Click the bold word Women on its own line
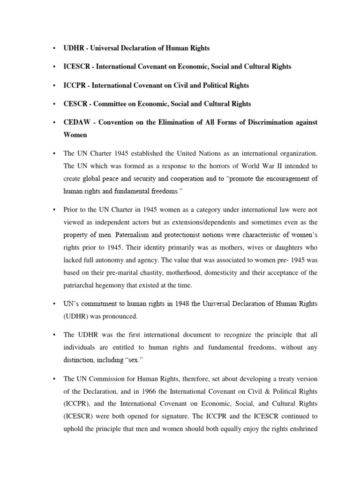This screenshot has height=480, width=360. (75, 135)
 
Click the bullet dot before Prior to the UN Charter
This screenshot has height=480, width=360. (55, 209)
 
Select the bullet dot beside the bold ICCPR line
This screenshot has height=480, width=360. (55, 85)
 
